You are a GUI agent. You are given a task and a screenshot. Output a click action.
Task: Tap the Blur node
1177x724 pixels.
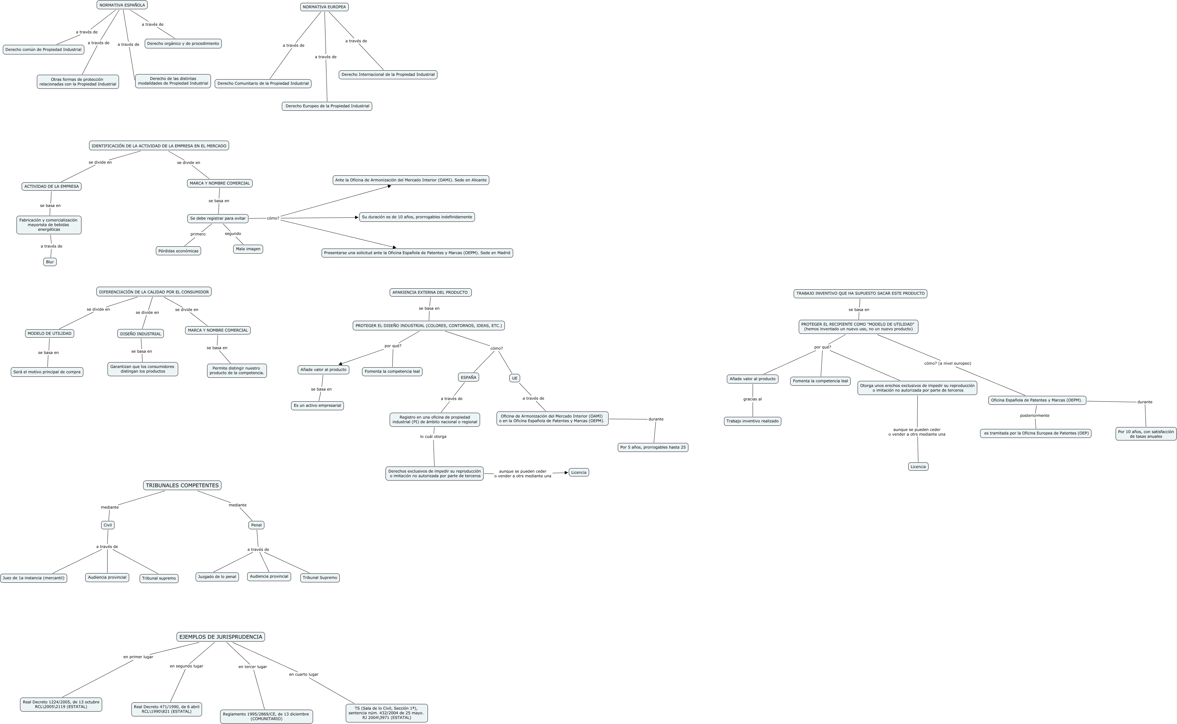tap(50, 262)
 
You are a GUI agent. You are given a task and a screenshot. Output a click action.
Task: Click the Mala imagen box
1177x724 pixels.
tap(248, 249)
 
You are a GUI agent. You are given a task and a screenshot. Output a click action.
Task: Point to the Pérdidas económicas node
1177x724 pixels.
tap(178, 251)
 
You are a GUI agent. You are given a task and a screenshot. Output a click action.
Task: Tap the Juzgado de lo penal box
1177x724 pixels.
tap(217, 577)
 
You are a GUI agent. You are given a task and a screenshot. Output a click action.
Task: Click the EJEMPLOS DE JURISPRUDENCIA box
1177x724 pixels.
tap(221, 637)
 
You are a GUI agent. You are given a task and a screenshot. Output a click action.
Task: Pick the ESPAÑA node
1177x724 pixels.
tap(468, 377)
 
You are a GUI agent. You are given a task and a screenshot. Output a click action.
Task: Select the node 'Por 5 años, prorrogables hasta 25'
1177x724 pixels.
tap(653, 447)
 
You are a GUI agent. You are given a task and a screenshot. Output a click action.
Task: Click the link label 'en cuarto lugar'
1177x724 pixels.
tap(303, 675)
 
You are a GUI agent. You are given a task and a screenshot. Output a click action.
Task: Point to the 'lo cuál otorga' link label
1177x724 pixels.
tap(433, 437)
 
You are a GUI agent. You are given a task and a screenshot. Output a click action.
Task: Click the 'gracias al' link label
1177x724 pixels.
tap(752, 399)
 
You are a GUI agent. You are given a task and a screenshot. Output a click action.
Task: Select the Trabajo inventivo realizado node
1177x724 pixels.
tap(752, 421)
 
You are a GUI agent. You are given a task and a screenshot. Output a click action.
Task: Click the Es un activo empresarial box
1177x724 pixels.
tap(317, 405)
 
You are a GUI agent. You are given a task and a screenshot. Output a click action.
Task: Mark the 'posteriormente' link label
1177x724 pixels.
tap(1035, 416)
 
